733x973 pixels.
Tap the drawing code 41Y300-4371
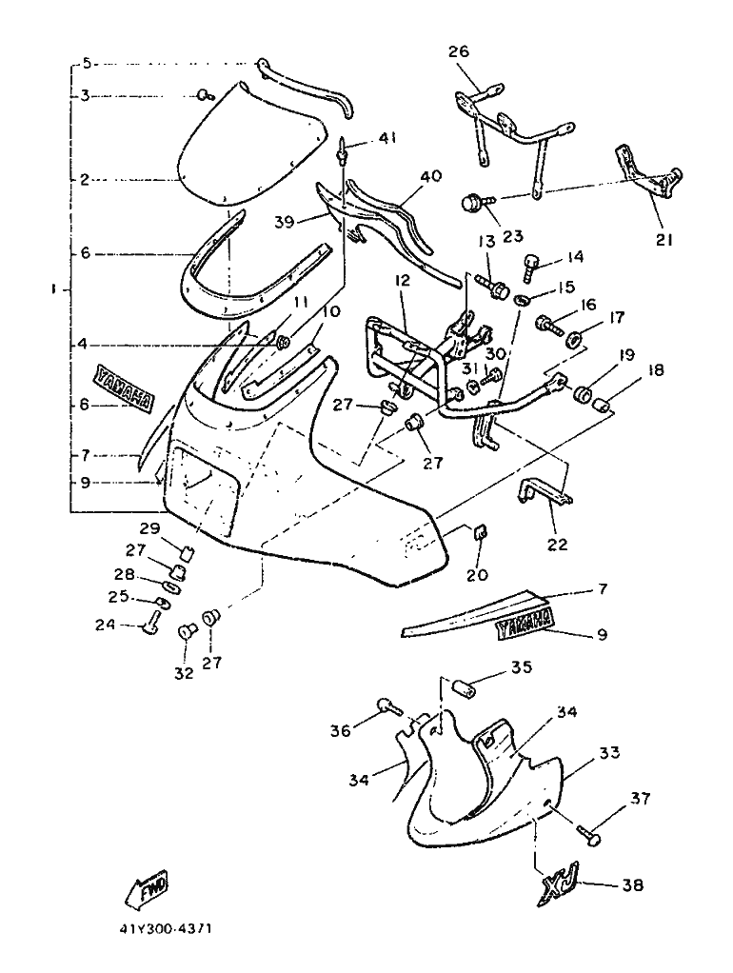point(167,930)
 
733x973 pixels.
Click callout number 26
point(459,50)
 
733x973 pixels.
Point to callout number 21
point(664,239)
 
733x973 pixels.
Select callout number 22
point(557,545)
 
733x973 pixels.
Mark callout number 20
point(477,575)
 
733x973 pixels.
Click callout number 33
point(609,752)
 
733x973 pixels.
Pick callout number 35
point(522,667)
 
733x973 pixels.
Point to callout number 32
point(184,673)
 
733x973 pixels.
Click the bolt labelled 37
point(590,833)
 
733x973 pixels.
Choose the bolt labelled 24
point(152,621)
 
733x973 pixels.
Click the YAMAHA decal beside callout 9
point(522,625)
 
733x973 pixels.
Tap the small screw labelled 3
point(205,95)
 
